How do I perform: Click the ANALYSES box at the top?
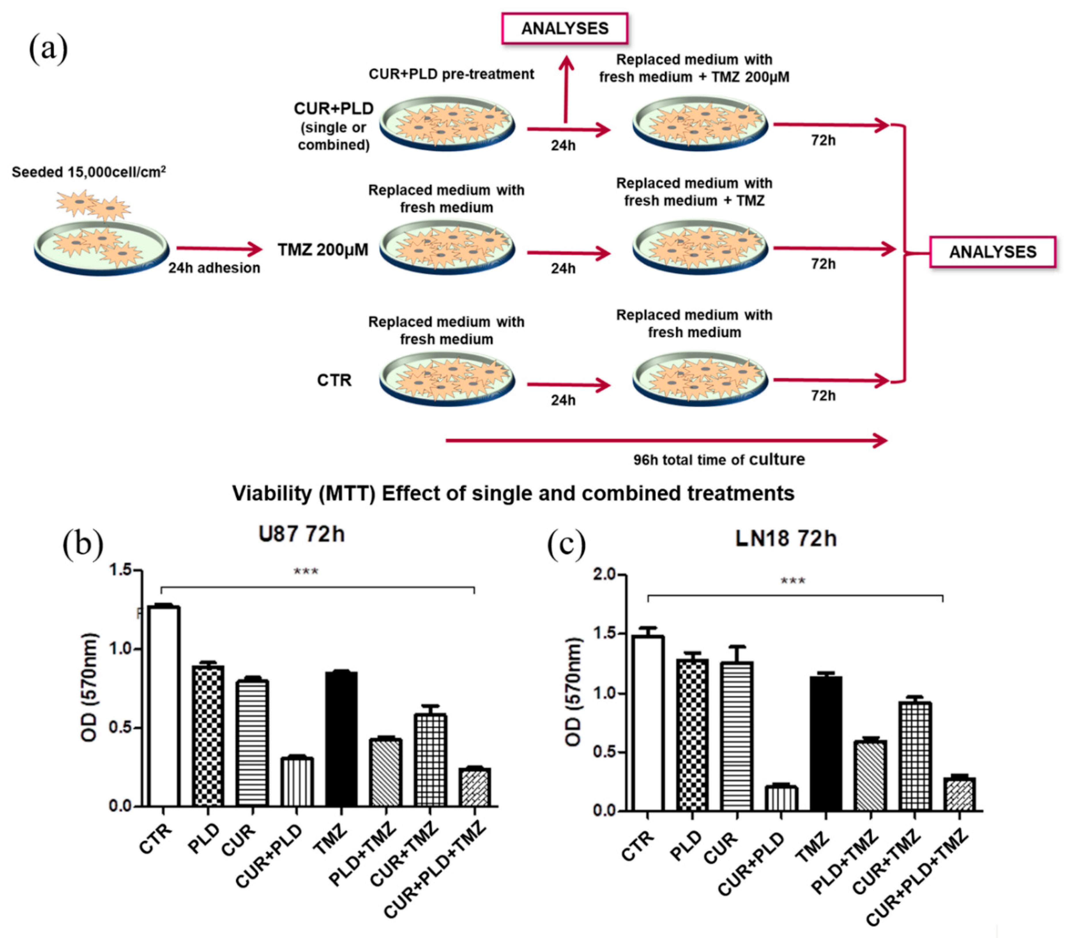pyautogui.click(x=564, y=28)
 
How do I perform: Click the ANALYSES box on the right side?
pyautogui.click(x=992, y=252)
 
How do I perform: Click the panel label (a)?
pyautogui.click(x=48, y=48)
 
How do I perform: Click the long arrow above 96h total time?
pyautogui.click(x=666, y=441)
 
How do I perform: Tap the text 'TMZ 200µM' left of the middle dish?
pyautogui.click(x=323, y=250)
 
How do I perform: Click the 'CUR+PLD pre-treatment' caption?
pyautogui.click(x=451, y=74)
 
